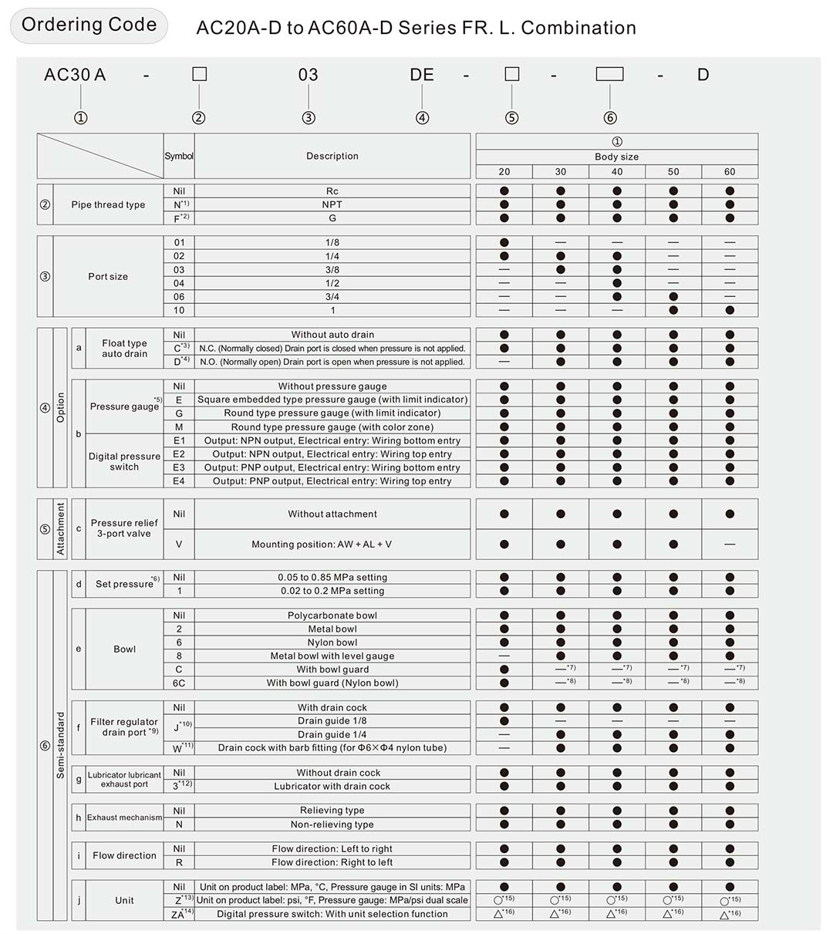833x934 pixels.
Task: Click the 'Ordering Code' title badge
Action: click(x=89, y=25)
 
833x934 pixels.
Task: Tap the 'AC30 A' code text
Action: click(x=75, y=75)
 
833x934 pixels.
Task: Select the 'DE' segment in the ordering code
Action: click(x=422, y=75)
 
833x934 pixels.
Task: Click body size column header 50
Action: click(x=673, y=172)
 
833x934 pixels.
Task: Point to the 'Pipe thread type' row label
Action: click(x=108, y=205)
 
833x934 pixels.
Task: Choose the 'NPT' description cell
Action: click(x=332, y=205)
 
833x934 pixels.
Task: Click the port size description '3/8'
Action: click(x=332, y=270)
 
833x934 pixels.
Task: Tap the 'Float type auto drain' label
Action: click(x=124, y=349)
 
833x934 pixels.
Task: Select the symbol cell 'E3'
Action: click(x=179, y=468)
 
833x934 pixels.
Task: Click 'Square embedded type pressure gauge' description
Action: click(x=332, y=400)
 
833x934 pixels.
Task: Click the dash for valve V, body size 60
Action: click(x=730, y=545)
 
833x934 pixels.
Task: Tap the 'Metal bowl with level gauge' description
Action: click(x=332, y=656)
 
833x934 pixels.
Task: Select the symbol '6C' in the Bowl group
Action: click(x=179, y=683)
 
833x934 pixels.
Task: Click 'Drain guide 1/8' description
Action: click(x=332, y=721)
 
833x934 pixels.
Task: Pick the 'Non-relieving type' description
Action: click(x=332, y=824)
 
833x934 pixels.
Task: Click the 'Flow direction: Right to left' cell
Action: click(x=332, y=862)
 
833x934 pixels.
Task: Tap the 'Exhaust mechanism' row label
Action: click(x=124, y=818)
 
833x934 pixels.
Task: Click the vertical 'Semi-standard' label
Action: click(x=61, y=745)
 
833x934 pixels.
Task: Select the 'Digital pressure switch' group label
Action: click(x=124, y=461)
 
